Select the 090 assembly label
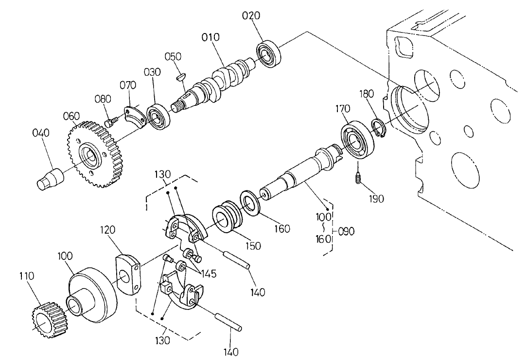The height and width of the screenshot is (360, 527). coord(347,231)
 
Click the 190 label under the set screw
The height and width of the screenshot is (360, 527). coord(376,198)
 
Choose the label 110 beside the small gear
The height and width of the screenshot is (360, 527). coord(27,276)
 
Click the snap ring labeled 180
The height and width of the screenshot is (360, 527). coord(379,129)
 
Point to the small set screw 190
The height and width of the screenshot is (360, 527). coord(358,179)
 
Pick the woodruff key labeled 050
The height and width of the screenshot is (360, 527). coord(181,76)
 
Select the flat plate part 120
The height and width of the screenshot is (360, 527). coord(128,274)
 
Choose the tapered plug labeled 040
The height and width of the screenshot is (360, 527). coord(51,178)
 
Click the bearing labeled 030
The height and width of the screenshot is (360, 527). coord(158,117)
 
